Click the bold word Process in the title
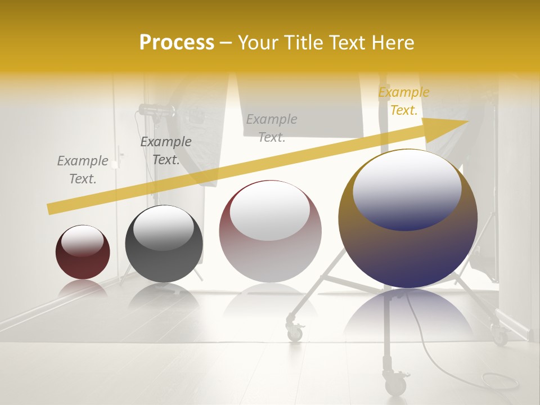coord(177,43)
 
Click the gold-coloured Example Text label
coord(403,101)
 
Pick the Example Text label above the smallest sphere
coord(83,170)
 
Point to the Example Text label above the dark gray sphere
coord(165,151)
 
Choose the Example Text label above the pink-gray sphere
coord(272,128)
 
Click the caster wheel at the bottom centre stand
coord(396,385)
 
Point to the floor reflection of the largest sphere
coord(408,315)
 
